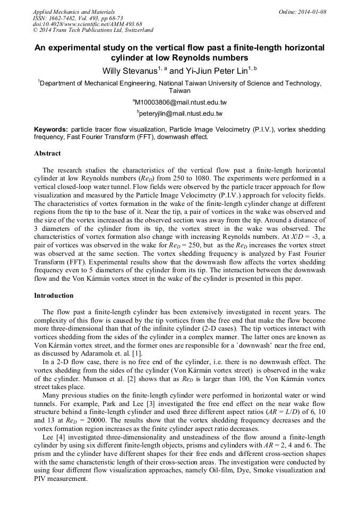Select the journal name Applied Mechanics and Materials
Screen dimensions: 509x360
coord(74,12)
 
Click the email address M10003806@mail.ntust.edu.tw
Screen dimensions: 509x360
coord(181,102)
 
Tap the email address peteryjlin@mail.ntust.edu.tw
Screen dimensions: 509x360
coord(181,114)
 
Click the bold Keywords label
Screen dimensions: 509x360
coord(51,130)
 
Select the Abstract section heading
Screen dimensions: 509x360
coord(47,153)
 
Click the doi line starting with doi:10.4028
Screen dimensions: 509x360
coord(87,24)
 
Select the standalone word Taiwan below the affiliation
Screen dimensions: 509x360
coord(180,91)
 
